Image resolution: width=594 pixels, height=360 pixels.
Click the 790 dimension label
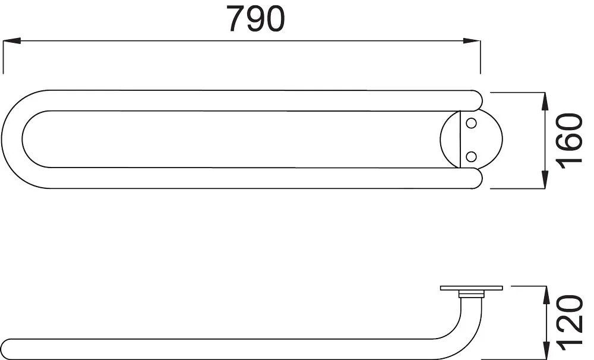pyautogui.click(x=255, y=19)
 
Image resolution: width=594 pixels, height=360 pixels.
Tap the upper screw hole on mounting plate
pyautogui.click(x=471, y=124)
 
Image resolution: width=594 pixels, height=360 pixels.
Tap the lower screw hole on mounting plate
pyautogui.click(x=471, y=156)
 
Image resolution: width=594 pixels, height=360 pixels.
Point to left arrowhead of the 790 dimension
pyautogui.click(x=12, y=41)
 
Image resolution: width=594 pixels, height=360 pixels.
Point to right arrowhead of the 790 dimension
pyautogui.click(x=472, y=41)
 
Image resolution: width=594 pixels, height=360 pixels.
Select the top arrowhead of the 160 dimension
pyautogui.click(x=545, y=101)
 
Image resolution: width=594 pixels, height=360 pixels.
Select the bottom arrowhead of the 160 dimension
pyautogui.click(x=545, y=181)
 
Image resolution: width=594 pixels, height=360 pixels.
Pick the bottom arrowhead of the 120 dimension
pyautogui.click(x=545, y=350)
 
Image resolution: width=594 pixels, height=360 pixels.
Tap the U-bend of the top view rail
pyautogui.click(x=13, y=140)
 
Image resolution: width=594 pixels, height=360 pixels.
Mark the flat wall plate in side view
pyautogui.click(x=471, y=288)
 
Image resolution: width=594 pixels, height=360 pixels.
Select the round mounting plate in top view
pyautogui.click(x=487, y=140)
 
